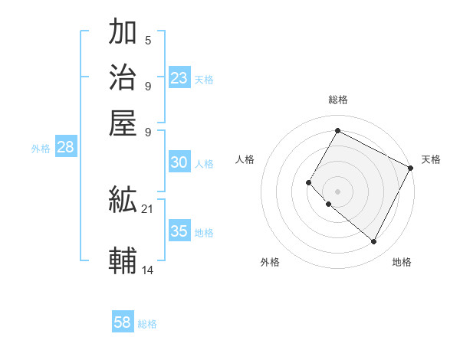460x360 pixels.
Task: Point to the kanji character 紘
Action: tap(123, 201)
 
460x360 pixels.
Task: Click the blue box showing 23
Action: tap(179, 78)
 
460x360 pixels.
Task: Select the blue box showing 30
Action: tap(179, 162)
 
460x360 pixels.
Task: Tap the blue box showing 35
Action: tap(179, 231)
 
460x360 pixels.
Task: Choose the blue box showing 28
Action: tap(65, 148)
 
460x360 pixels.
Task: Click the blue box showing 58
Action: tap(123, 322)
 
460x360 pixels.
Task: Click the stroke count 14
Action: tap(148, 270)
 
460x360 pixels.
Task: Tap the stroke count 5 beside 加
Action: tap(148, 40)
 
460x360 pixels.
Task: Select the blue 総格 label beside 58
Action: tap(147, 324)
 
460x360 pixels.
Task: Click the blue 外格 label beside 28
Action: tap(41, 149)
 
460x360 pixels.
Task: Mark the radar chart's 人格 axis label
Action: tap(245, 159)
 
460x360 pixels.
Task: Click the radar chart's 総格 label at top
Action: tap(337, 100)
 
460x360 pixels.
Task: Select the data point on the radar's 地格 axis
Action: tap(373, 242)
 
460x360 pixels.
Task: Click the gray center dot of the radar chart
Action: tap(337, 191)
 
